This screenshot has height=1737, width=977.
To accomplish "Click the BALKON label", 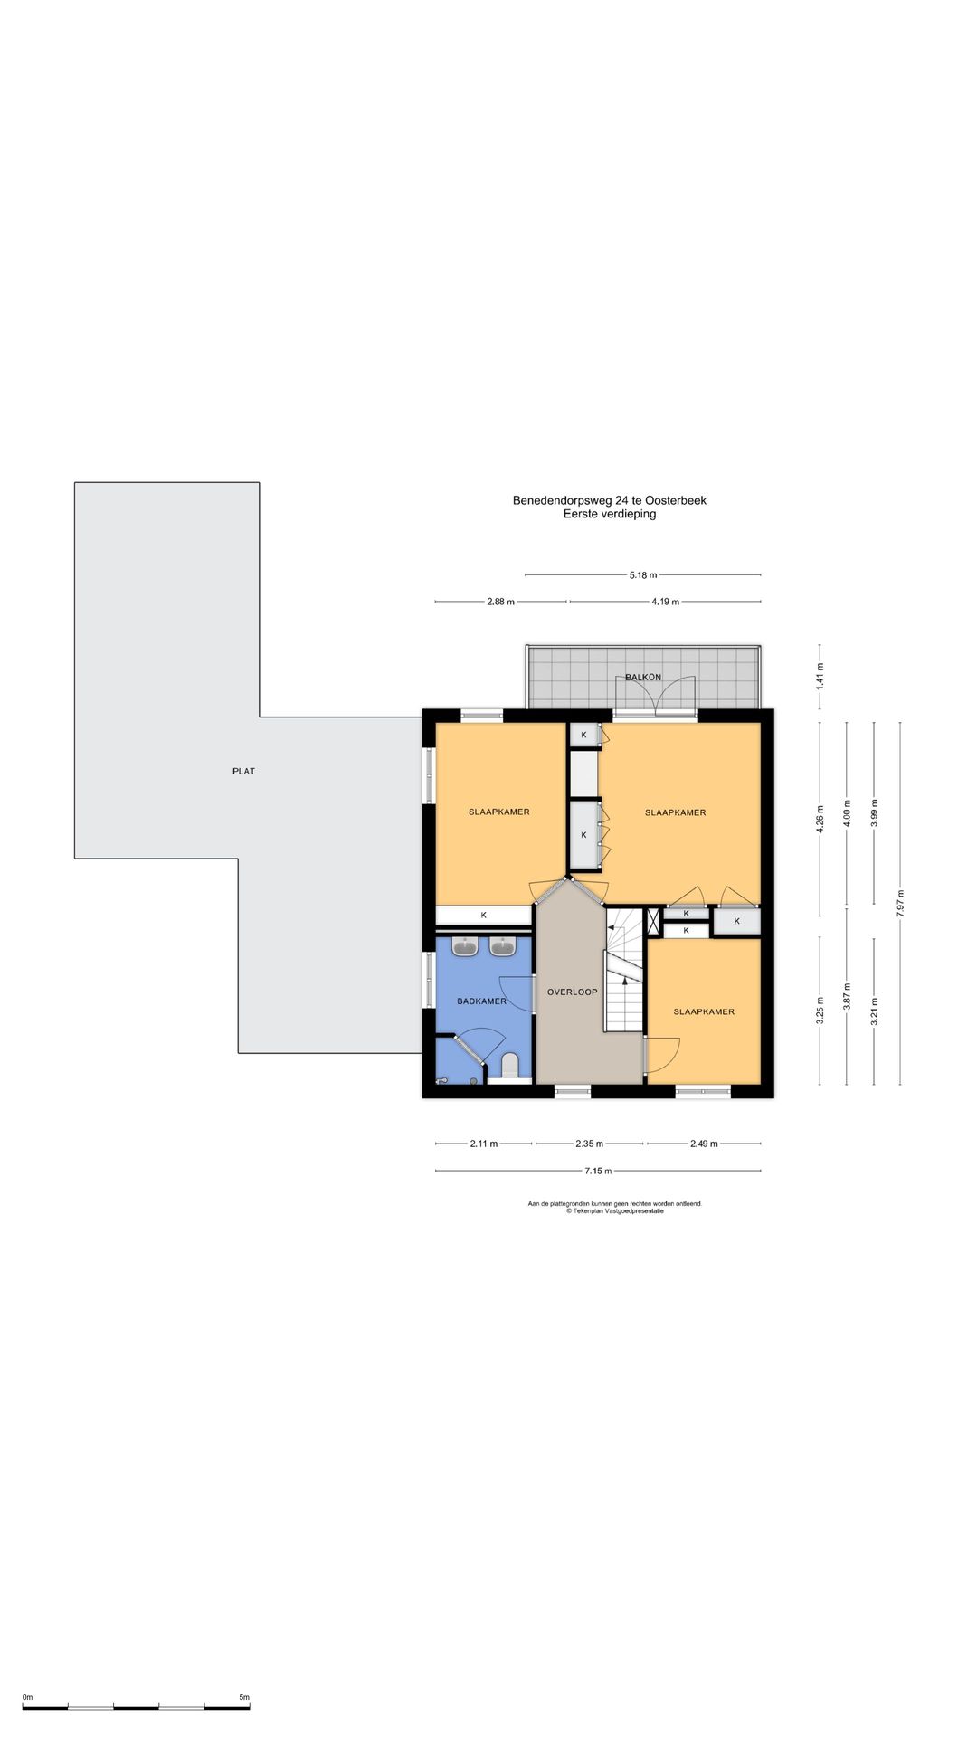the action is pyautogui.click(x=643, y=677).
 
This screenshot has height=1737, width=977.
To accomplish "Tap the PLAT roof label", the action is pyautogui.click(x=243, y=772).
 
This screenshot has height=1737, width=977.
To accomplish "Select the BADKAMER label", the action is pyautogui.click(x=481, y=1001).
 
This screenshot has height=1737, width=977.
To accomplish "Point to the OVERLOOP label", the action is pyautogui.click(x=572, y=992).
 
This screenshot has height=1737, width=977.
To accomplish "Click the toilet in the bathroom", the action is pyautogui.click(x=509, y=1065).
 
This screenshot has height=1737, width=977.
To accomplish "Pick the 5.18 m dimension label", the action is pyautogui.click(x=643, y=574).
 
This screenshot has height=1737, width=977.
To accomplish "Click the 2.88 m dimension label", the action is pyautogui.click(x=500, y=602).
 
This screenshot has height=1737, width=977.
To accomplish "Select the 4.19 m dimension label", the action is pyautogui.click(x=665, y=602).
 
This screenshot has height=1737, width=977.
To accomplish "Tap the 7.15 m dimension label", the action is pyautogui.click(x=597, y=1171).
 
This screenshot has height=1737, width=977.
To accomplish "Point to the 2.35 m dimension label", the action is pyautogui.click(x=589, y=1144).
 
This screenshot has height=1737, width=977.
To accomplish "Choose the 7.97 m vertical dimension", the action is pyautogui.click(x=901, y=904).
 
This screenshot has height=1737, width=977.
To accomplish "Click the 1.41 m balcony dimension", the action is pyautogui.click(x=820, y=677).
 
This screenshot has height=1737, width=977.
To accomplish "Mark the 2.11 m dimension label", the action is pyautogui.click(x=483, y=1144).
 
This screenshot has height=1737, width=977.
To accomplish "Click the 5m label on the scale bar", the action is pyautogui.click(x=244, y=1698).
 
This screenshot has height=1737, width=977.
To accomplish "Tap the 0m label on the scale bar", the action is pyautogui.click(x=27, y=1698).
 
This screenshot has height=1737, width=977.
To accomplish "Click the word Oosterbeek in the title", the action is pyautogui.click(x=676, y=500).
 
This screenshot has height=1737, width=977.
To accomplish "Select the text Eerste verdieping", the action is pyautogui.click(x=610, y=514).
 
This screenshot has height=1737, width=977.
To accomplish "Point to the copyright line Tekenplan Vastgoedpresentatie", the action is pyautogui.click(x=615, y=1211).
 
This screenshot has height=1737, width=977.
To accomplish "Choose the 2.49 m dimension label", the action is pyautogui.click(x=704, y=1144).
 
